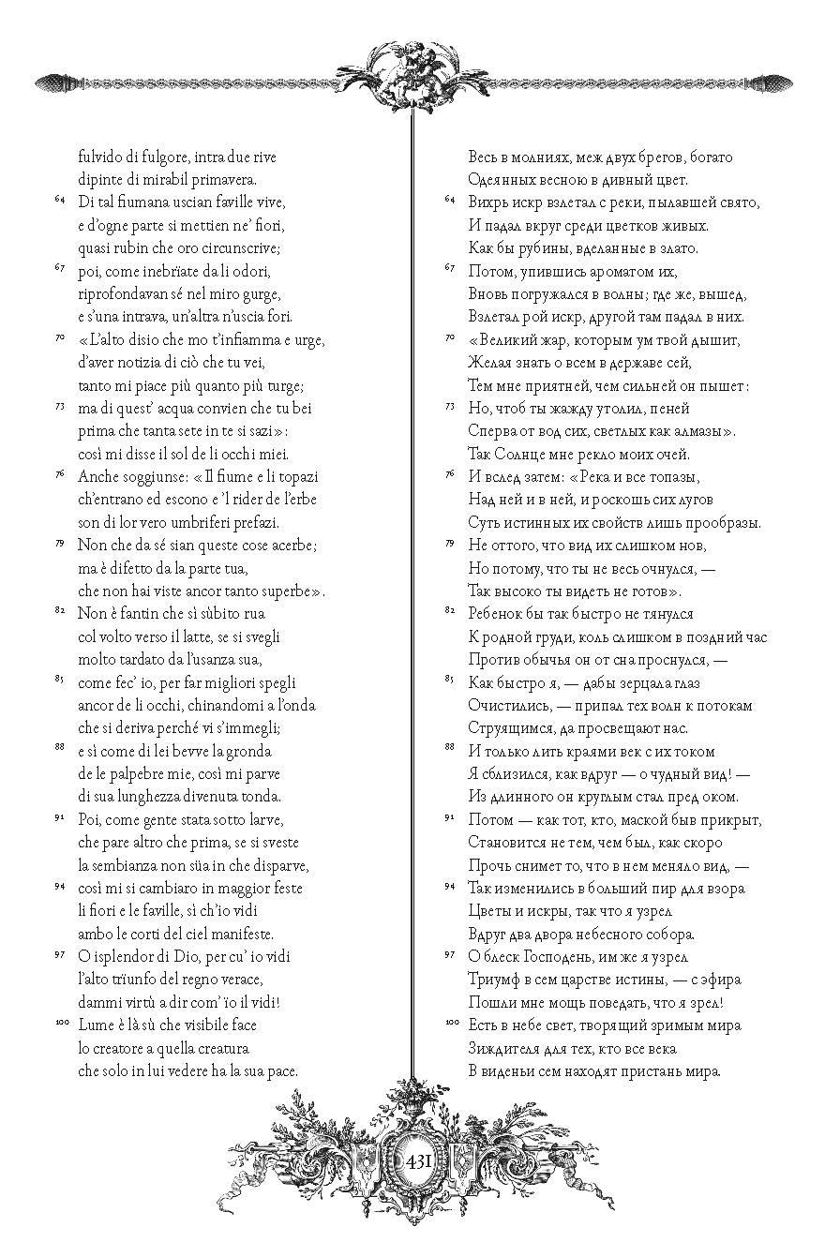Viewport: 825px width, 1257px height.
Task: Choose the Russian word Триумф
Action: (x=498, y=980)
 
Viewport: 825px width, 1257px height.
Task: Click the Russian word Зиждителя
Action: (x=512, y=1048)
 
